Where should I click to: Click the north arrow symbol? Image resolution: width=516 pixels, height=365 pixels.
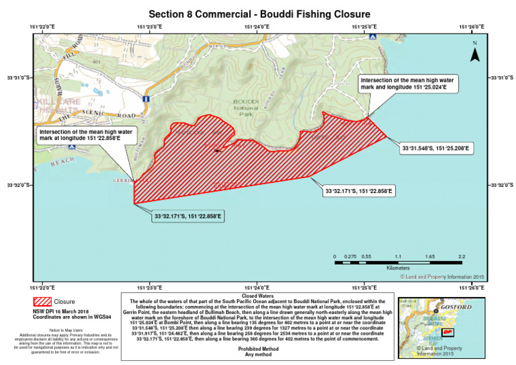pos(474,54)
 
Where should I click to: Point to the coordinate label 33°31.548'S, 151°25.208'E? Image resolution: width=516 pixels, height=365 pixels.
pos(437,147)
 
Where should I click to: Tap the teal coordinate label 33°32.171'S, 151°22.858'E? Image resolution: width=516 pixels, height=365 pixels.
pos(187,216)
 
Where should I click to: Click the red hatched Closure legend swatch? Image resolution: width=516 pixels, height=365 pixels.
pos(42,302)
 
